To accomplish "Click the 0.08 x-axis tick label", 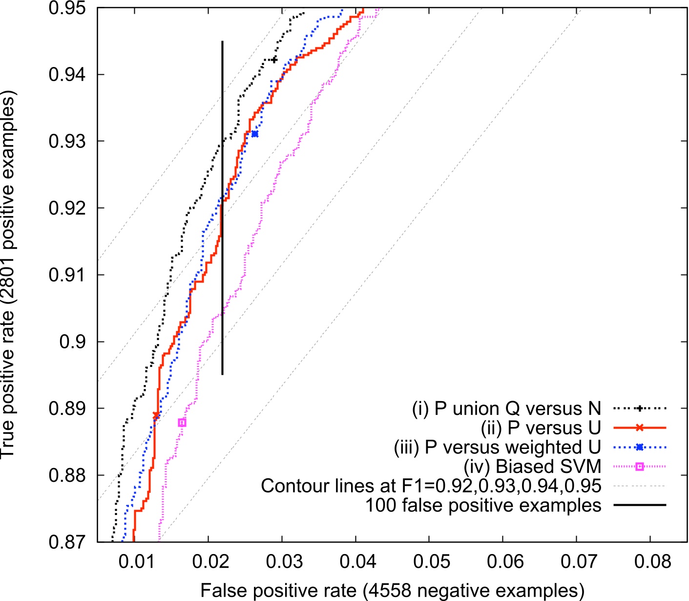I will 652,561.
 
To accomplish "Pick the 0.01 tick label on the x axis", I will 136,561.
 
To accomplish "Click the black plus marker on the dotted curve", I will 274,60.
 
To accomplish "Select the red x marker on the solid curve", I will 156,415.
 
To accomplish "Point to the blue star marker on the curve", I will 254,133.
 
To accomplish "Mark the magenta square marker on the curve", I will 182,423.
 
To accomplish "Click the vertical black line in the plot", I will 222,244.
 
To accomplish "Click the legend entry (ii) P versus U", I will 541,428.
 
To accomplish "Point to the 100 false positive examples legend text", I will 483,505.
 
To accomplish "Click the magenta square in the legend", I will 640,467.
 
